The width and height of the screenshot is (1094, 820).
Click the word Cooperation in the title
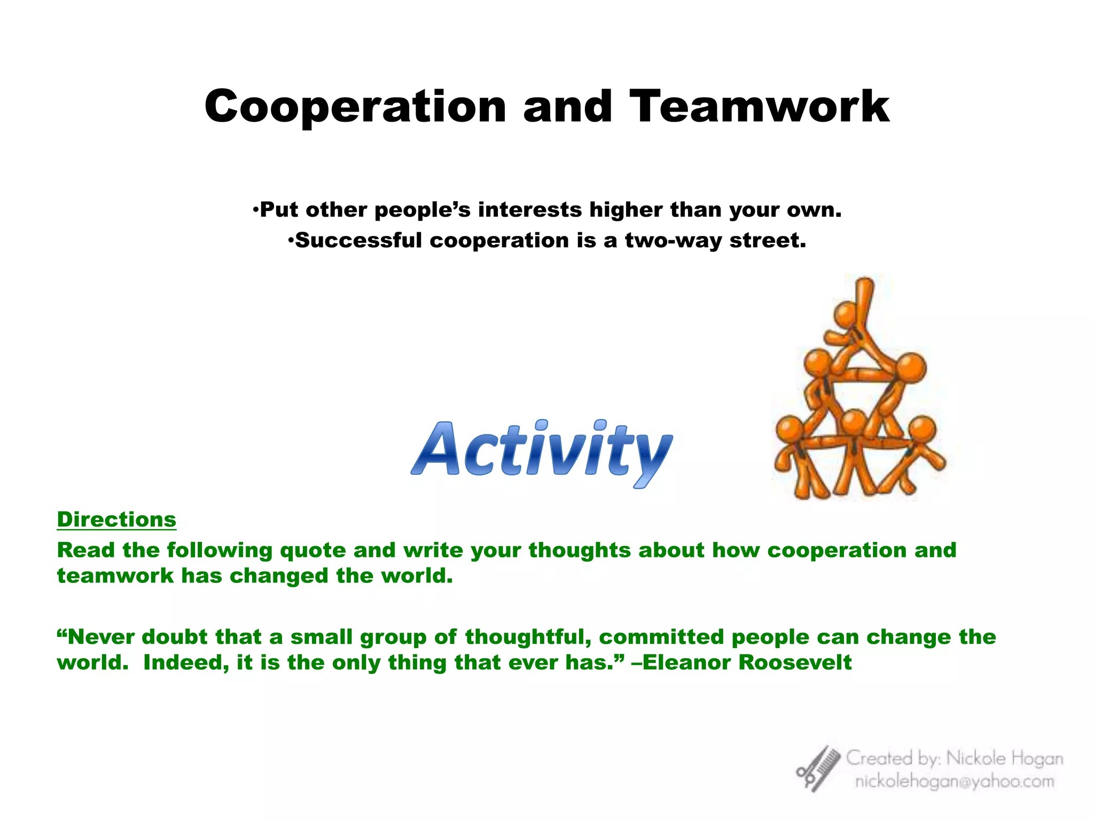pos(355,107)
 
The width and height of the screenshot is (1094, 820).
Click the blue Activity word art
pos(542,451)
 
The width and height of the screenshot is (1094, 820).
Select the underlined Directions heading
pos(116,519)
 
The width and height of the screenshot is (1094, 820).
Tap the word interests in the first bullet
pos(529,210)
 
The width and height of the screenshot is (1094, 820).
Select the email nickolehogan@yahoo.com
pos(955,782)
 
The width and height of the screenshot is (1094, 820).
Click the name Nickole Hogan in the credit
pos(1004,758)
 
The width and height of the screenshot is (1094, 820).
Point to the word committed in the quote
pos(661,637)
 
